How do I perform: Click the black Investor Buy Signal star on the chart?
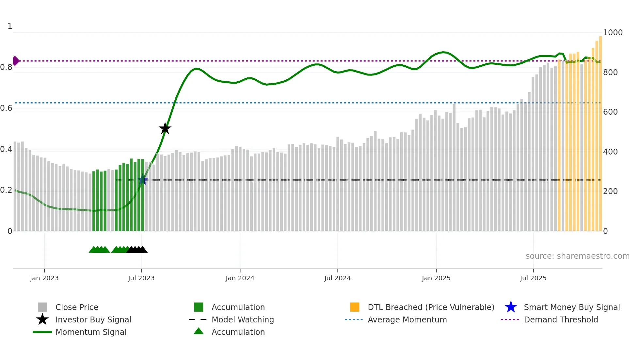click(x=165, y=128)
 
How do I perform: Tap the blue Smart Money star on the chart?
click(x=143, y=180)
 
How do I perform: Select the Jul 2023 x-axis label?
click(x=141, y=278)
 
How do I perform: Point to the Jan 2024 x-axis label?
click(x=240, y=278)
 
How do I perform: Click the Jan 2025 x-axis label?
click(x=436, y=278)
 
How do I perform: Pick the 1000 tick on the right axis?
click(x=613, y=33)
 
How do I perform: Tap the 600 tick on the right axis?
click(x=610, y=112)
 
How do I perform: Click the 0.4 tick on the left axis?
click(x=6, y=149)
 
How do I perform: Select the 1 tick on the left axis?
click(x=10, y=26)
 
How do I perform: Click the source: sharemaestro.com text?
click(x=577, y=256)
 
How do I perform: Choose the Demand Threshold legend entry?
click(x=561, y=319)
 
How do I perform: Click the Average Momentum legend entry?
click(x=407, y=319)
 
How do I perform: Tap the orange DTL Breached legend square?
click(x=355, y=307)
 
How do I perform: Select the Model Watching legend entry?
click(x=242, y=319)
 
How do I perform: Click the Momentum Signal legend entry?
click(x=91, y=332)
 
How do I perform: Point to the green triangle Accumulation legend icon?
click(x=199, y=331)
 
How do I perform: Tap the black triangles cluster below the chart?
click(x=137, y=250)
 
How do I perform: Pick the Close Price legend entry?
click(x=76, y=307)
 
